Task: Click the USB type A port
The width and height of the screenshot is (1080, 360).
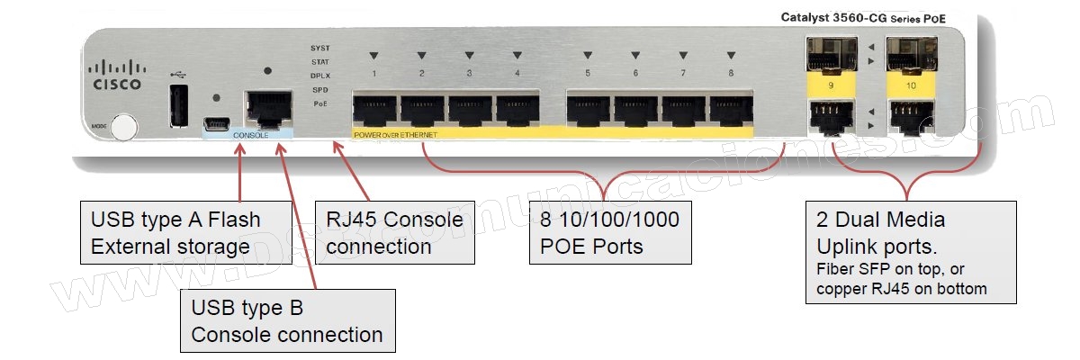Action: pyautogui.click(x=178, y=105)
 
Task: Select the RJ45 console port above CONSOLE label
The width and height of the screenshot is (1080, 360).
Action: pyautogui.click(x=267, y=108)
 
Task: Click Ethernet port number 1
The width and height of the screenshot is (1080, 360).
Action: pyautogui.click(x=374, y=111)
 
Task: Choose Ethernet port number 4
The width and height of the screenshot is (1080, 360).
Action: pyautogui.click(x=517, y=111)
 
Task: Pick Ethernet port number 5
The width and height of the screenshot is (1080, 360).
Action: pyautogui.click(x=588, y=111)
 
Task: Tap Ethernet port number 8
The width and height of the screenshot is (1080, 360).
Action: pyautogui.click(x=731, y=111)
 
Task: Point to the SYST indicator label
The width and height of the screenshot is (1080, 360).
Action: pyautogui.click(x=319, y=47)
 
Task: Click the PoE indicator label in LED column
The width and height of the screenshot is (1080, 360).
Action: pyautogui.click(x=319, y=104)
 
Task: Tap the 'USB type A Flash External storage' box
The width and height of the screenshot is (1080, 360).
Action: pyautogui.click(x=185, y=233)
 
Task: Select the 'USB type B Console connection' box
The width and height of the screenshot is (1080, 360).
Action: pyautogui.click(x=287, y=320)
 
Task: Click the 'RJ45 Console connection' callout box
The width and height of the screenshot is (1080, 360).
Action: pyautogui.click(x=395, y=233)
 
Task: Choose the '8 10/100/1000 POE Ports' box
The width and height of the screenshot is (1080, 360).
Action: pyautogui.click(x=610, y=233)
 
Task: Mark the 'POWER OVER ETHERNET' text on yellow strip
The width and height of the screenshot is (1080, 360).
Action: pyautogui.click(x=396, y=134)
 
